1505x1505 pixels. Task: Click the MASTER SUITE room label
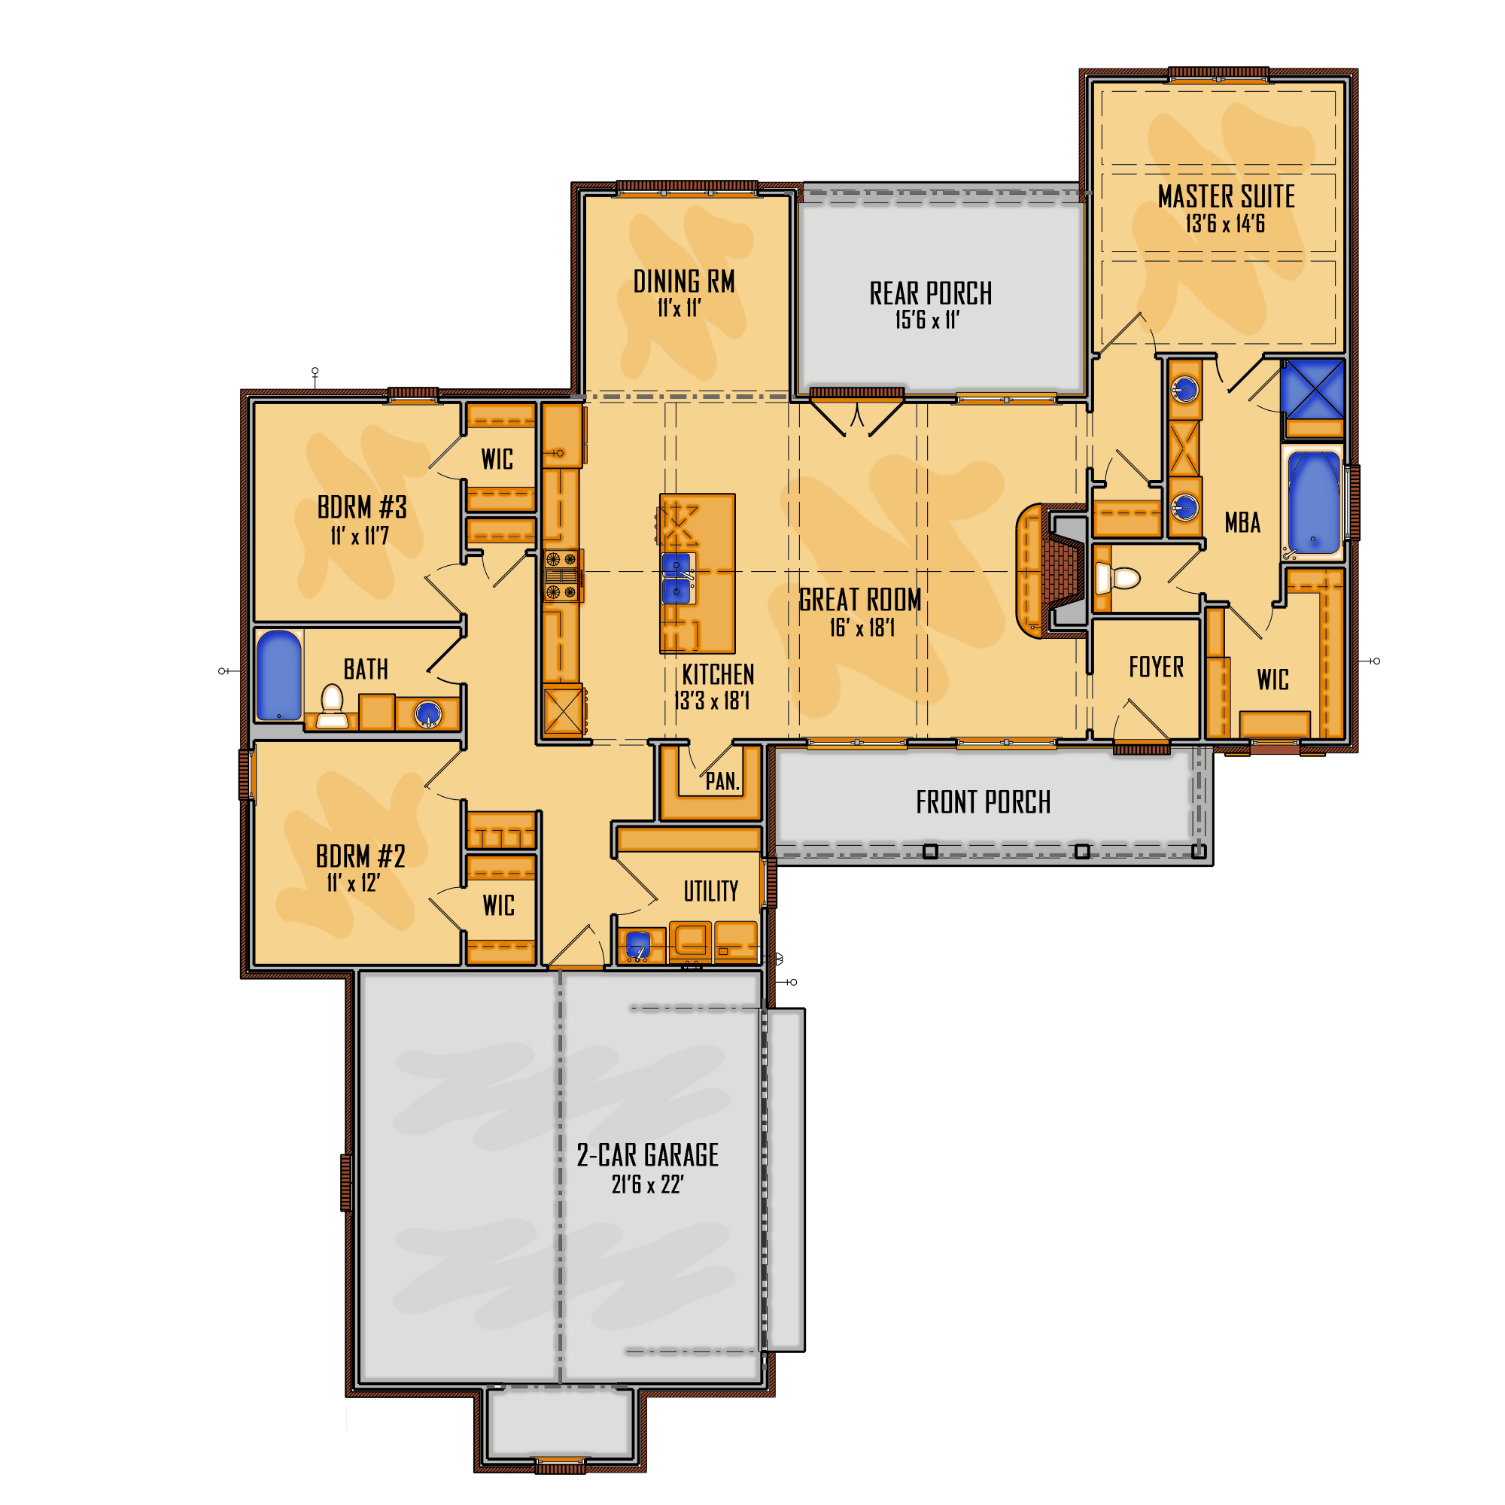click(x=1225, y=196)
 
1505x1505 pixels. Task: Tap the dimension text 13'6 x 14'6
click(x=1224, y=224)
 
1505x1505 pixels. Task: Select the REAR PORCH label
click(x=930, y=293)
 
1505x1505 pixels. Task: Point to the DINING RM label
click(x=683, y=281)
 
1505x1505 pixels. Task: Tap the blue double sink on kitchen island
click(x=676, y=578)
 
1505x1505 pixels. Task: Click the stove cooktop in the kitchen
click(x=561, y=576)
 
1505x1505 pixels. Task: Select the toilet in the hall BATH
click(x=333, y=707)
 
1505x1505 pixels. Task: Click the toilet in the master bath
click(x=1118, y=578)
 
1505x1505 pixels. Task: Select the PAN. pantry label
click(x=722, y=781)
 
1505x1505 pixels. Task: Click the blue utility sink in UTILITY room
click(x=638, y=944)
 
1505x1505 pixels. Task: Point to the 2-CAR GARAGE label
click(x=646, y=1155)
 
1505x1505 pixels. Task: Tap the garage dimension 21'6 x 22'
click(x=646, y=1185)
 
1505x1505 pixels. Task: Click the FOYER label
click(x=1155, y=667)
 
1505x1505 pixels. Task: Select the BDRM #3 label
click(x=361, y=508)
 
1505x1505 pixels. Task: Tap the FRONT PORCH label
click(x=982, y=802)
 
